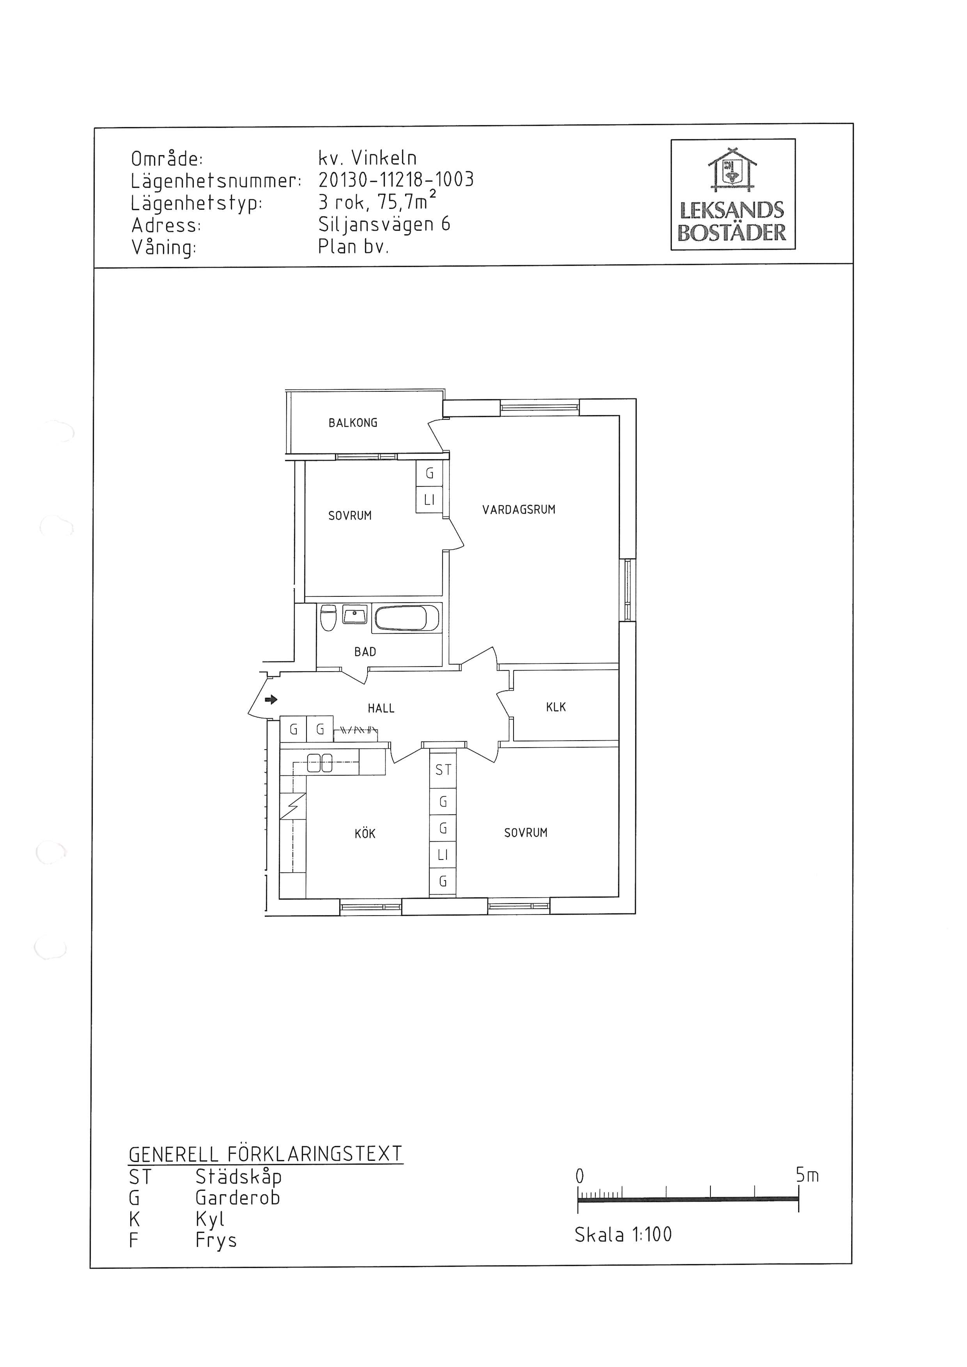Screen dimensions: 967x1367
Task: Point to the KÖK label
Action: [x=365, y=833]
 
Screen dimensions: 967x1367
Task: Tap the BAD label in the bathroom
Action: [x=365, y=652]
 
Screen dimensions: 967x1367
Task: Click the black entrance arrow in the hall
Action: [x=271, y=700]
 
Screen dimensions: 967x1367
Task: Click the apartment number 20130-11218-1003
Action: [x=396, y=180]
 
